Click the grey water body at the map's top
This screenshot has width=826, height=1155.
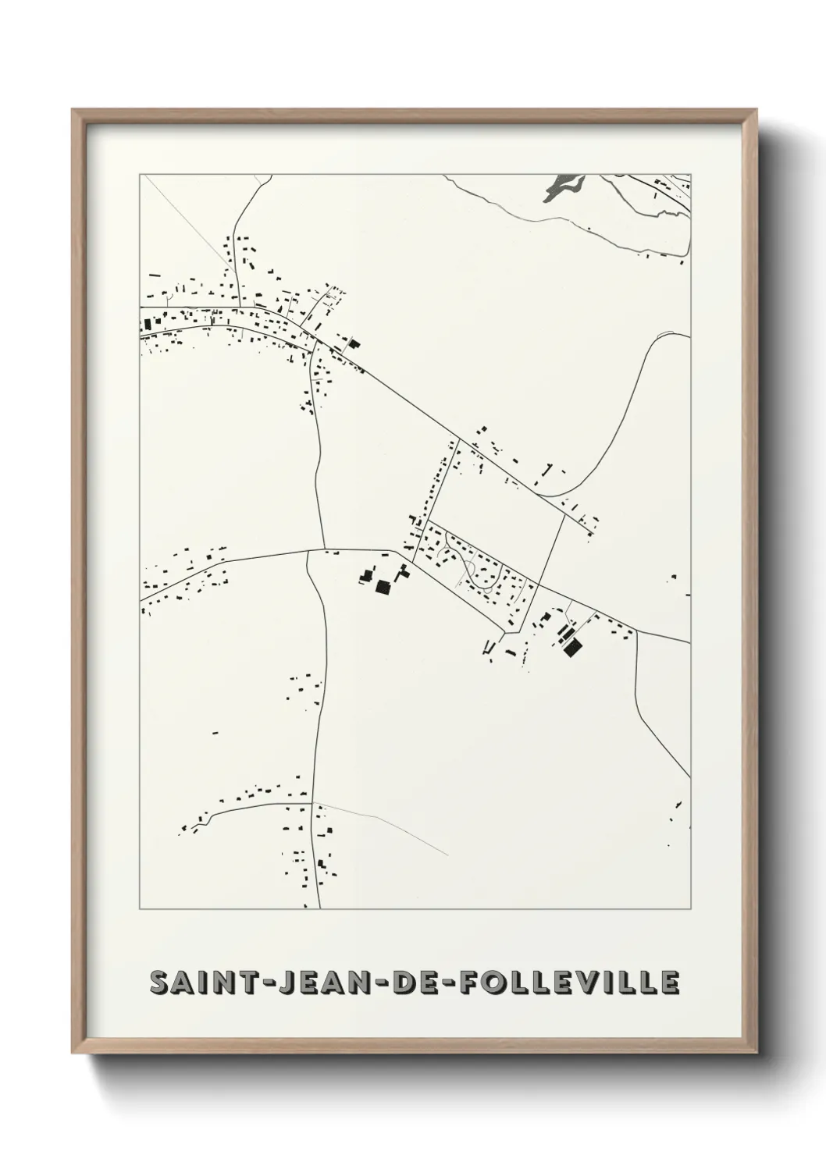point(565,186)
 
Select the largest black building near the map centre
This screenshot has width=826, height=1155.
point(383,587)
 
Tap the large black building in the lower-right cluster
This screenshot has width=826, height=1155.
point(572,645)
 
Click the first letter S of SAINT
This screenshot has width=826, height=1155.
point(159,983)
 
